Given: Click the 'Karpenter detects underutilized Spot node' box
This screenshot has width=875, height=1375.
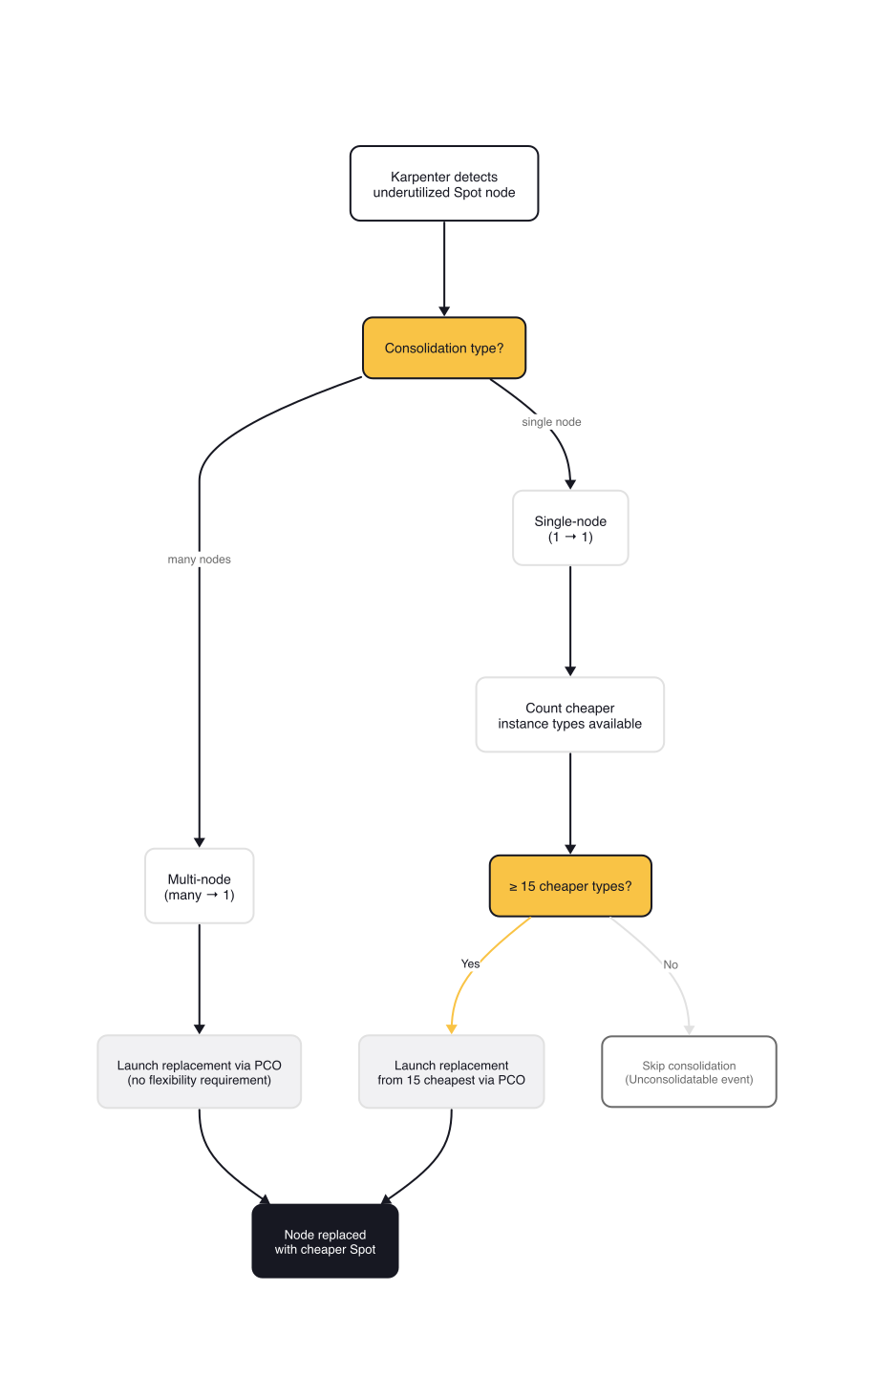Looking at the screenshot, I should pyautogui.click(x=444, y=183).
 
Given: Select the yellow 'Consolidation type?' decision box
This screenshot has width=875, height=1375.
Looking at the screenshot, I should pyautogui.click(x=444, y=348).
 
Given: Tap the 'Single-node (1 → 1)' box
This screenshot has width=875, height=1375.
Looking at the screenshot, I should pyautogui.click(x=570, y=528).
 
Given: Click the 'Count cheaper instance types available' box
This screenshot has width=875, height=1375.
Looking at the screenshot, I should pyautogui.click(x=569, y=715).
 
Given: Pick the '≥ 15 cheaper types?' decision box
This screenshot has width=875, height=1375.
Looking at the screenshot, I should pyautogui.click(x=570, y=886).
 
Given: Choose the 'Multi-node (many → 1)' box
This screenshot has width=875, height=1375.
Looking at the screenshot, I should pyautogui.click(x=199, y=886).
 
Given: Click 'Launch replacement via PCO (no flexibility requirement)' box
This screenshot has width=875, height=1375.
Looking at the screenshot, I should pyautogui.click(x=199, y=1071).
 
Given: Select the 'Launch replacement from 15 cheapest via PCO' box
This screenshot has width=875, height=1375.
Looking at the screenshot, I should pyautogui.click(x=451, y=1071).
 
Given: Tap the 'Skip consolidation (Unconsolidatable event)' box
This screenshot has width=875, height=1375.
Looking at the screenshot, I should pyautogui.click(x=689, y=1071).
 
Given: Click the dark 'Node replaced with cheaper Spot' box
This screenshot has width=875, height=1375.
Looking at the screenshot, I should pyautogui.click(x=325, y=1241).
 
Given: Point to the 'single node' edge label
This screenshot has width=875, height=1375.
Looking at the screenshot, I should pyautogui.click(x=551, y=422).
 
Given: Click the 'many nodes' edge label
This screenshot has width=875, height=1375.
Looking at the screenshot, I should pyautogui.click(x=199, y=560).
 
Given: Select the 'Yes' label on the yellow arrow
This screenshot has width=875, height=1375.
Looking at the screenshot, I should pyautogui.click(x=470, y=963).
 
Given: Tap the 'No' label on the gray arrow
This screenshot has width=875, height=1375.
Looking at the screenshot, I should pyautogui.click(x=671, y=964).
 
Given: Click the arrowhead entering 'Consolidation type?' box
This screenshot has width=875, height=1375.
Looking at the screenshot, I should pyautogui.click(x=444, y=310).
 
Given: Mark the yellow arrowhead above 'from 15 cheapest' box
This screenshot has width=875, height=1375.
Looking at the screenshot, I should pyautogui.click(x=451, y=1028).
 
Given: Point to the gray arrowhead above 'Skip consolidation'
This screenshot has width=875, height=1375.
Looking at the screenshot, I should pyautogui.click(x=689, y=1029).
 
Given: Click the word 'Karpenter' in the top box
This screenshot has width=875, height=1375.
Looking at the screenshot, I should pyautogui.click(x=416, y=177).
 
